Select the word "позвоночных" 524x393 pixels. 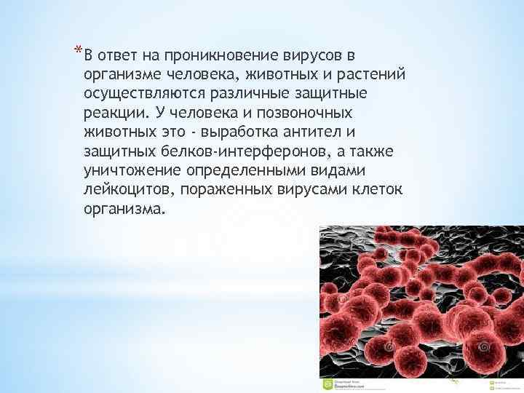click(306, 114)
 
